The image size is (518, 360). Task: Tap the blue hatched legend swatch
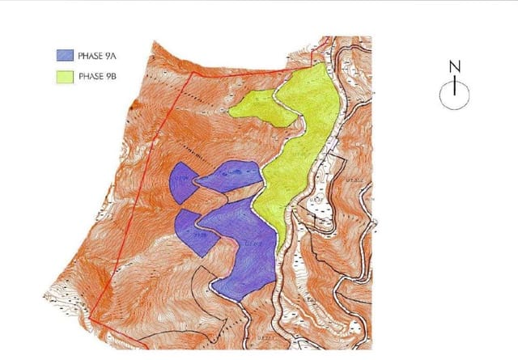click(x=64, y=57)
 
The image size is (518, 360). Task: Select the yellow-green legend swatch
click(x=64, y=78)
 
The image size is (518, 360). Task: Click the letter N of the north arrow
click(x=455, y=66)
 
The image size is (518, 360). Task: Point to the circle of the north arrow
click(x=455, y=95)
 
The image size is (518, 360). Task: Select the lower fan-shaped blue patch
click(x=194, y=231)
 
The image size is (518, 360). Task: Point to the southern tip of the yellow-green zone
click(x=280, y=249)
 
